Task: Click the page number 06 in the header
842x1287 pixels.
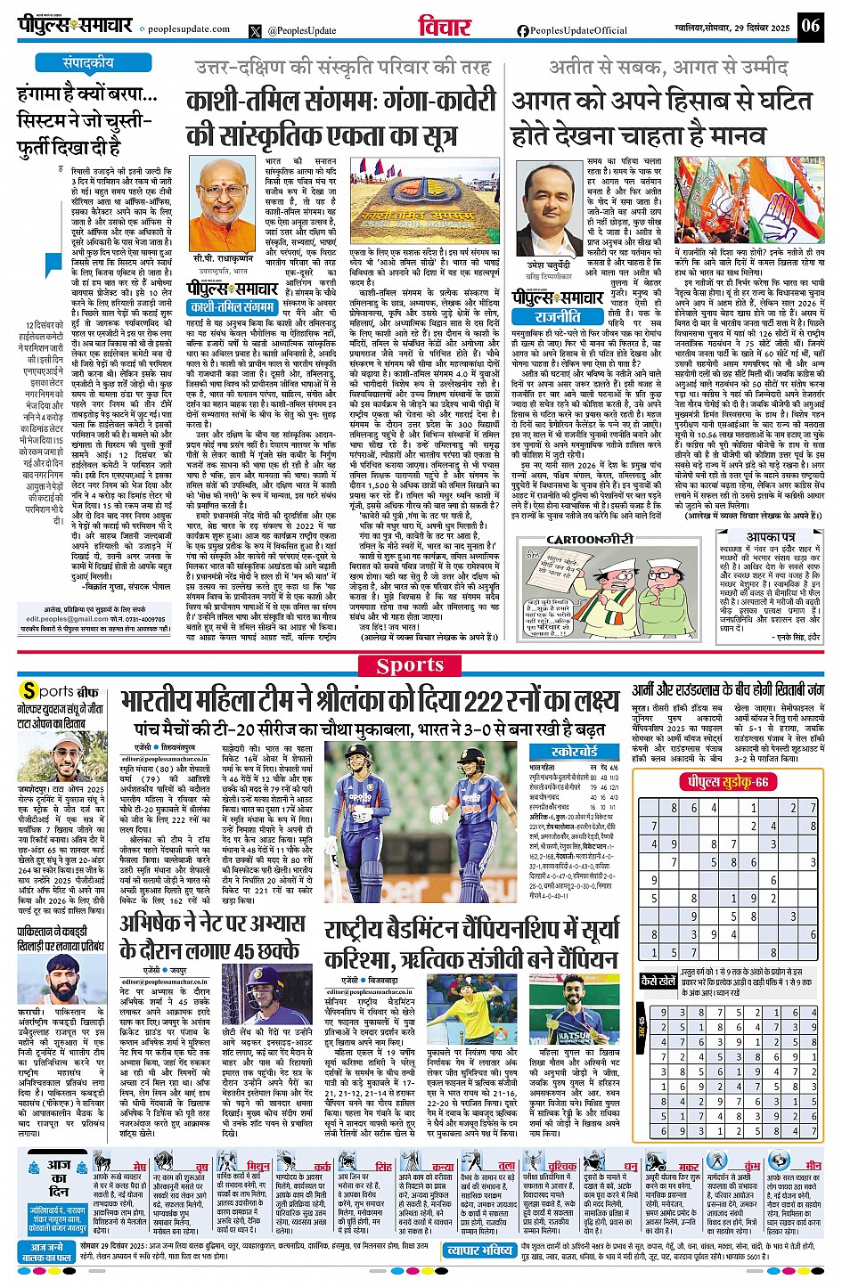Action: pos(810,25)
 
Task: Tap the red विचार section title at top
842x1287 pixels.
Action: pos(444,27)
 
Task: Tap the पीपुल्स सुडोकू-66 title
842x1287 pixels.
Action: pos(723,781)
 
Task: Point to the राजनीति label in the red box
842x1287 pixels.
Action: pos(558,316)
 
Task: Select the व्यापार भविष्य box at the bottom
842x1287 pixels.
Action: pos(479,1250)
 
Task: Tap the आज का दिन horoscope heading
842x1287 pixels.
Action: pos(59,1177)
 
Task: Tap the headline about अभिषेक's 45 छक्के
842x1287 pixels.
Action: pos(210,935)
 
